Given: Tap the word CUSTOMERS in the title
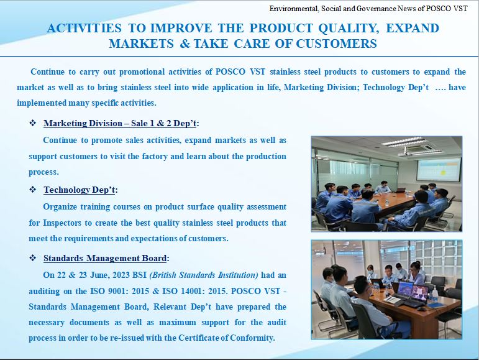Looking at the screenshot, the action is click(336, 44).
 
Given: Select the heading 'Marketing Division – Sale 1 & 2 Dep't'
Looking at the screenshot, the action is click(120, 123).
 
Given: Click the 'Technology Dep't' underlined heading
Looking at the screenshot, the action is click(80, 190).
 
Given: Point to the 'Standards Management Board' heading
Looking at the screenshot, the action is click(105, 258).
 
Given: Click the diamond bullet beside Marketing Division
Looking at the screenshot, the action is click(33, 123).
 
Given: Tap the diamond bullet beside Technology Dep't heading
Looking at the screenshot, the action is click(33, 190).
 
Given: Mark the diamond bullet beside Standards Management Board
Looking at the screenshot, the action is click(33, 258).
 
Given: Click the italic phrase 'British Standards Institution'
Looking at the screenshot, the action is click(204, 275).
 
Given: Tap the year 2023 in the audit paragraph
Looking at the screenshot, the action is click(121, 275).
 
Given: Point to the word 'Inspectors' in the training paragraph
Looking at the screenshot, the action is click(62, 223).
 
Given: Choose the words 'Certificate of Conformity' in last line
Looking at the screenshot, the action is click(226, 338).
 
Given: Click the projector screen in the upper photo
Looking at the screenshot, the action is click(439, 168).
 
